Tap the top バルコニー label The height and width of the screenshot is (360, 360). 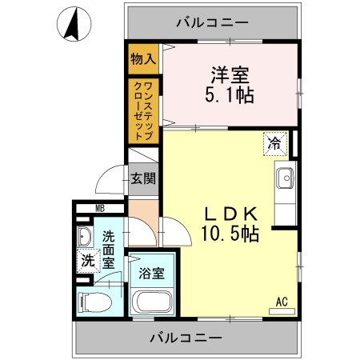(212, 22)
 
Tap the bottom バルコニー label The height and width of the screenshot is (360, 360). (186, 338)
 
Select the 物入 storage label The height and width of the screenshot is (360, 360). (145, 58)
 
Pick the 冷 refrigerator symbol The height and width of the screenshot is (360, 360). (275, 144)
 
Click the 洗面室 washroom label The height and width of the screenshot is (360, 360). (109, 247)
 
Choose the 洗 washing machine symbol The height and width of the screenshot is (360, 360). (87, 260)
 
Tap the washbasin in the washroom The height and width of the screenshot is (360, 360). (86, 238)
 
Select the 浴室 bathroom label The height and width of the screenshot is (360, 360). (151, 274)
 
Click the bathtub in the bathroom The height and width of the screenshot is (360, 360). (151, 302)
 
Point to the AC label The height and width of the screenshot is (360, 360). (281, 301)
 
